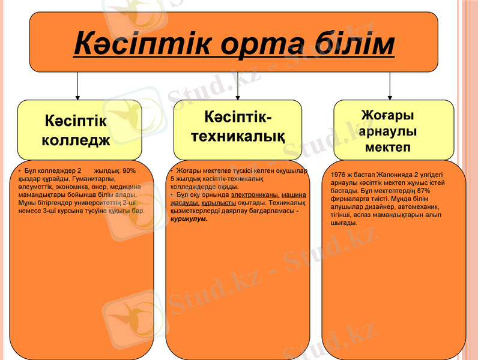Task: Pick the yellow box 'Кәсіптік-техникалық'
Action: click(238, 125)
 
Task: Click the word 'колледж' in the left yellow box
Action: click(76, 140)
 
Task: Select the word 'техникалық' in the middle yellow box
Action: click(238, 136)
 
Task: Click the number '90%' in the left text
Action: click(129, 171)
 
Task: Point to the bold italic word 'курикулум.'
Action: click(189, 219)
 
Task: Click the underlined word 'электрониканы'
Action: click(255, 195)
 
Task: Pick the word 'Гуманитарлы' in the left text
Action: click(95, 179)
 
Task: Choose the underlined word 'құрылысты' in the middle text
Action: click(219, 203)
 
